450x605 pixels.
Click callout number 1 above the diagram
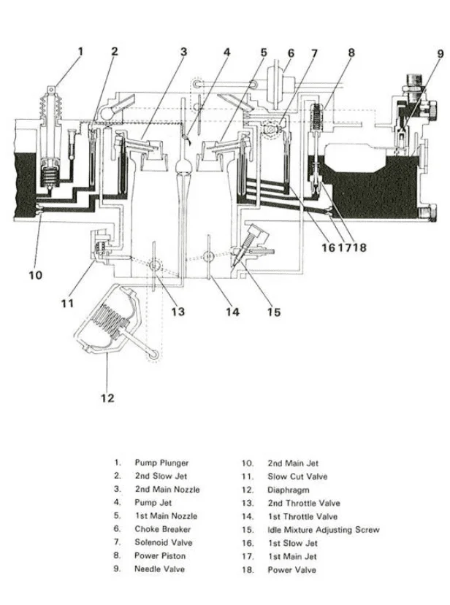(x=80, y=51)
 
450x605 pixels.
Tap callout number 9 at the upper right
(x=441, y=53)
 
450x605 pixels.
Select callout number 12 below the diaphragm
(x=107, y=398)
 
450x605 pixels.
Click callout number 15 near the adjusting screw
(x=273, y=312)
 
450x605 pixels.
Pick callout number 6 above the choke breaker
(x=291, y=53)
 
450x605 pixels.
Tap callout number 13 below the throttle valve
(x=178, y=312)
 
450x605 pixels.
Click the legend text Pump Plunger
(x=161, y=463)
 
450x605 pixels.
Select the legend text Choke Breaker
(x=161, y=529)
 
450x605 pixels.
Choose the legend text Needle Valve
(x=159, y=569)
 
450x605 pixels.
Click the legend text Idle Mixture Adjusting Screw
(x=323, y=530)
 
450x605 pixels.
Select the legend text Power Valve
(x=291, y=569)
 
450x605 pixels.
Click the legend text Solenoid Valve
(x=163, y=542)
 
